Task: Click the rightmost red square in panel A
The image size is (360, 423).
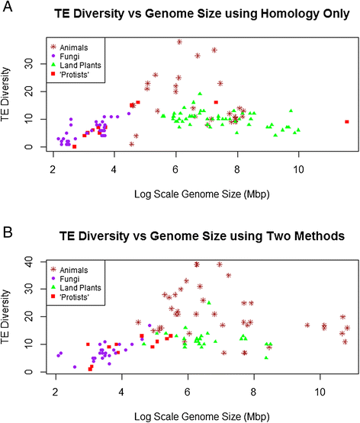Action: [x=347, y=122]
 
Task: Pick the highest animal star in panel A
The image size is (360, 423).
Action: [x=179, y=42]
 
